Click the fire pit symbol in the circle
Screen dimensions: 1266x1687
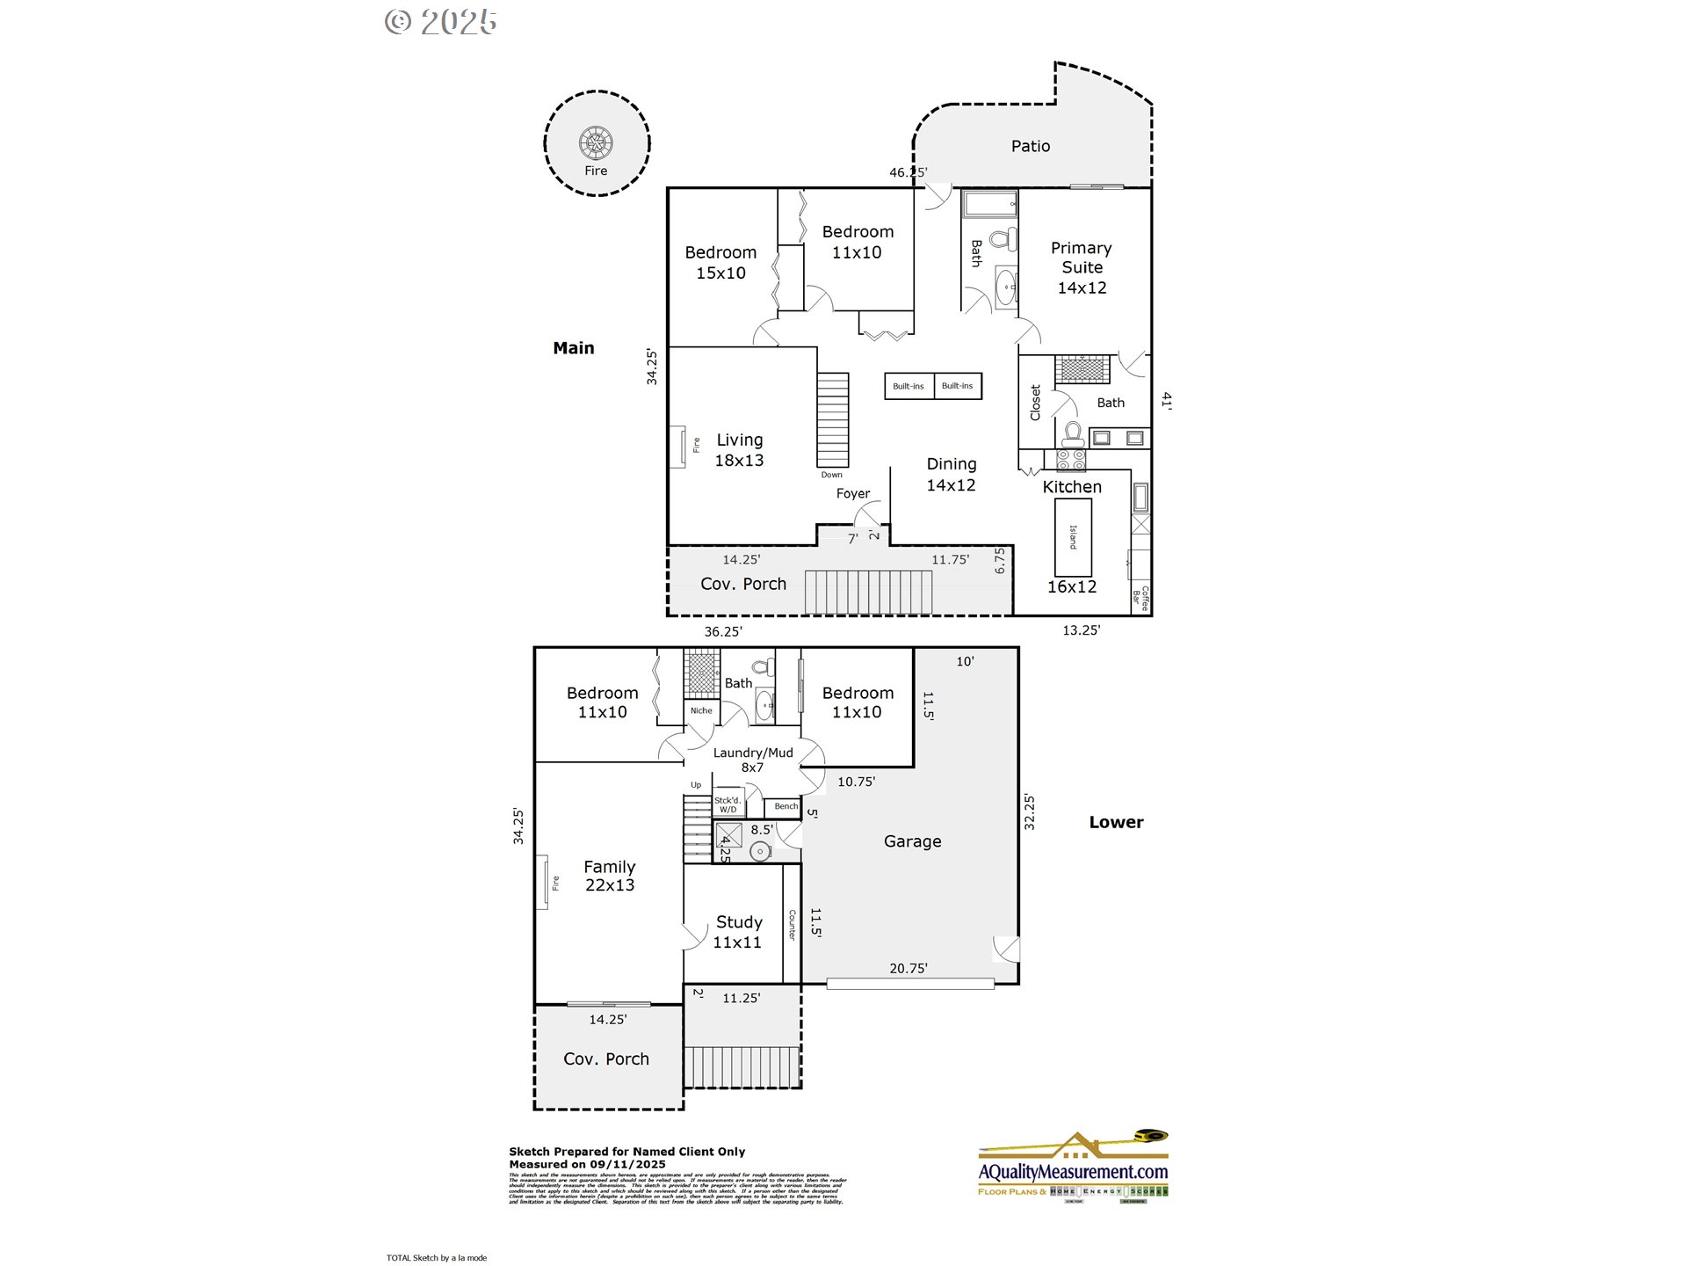596,142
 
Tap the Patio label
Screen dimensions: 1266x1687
1030,146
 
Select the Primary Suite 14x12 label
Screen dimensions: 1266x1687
1082,267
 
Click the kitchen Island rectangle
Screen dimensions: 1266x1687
1073,537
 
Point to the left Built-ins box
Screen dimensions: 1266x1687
909,386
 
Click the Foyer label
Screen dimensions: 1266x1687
852,493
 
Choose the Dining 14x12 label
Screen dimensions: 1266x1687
951,474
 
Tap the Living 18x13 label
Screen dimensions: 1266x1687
739,449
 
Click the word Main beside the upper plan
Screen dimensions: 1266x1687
573,348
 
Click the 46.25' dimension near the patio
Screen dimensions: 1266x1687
908,172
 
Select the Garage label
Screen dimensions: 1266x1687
912,841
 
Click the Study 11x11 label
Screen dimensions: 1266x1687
738,932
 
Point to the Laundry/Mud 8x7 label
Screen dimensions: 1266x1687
753,760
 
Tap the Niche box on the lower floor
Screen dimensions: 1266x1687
701,710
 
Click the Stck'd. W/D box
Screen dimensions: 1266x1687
728,804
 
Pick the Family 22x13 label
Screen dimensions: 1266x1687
609,876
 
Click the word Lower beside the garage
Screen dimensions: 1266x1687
1116,822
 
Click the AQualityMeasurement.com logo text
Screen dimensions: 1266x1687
1073,1171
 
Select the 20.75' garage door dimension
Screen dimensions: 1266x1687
908,968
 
